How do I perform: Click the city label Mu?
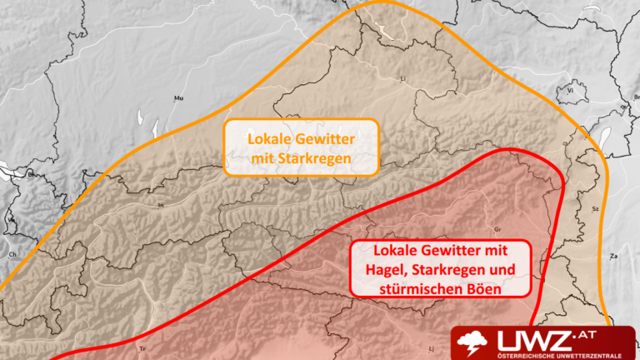177,99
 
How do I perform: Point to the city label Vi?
571,89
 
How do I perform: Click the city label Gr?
497,227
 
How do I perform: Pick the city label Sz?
595,207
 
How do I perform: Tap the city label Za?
614,256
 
